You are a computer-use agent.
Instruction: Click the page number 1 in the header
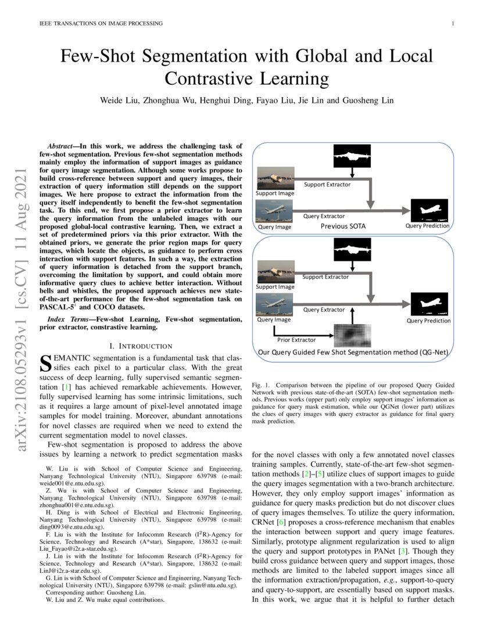coord(452,24)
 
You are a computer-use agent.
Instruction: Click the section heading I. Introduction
coord(141,346)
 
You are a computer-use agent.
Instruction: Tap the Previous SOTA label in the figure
coord(343,226)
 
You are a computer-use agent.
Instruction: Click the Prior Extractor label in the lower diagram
coord(296,339)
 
